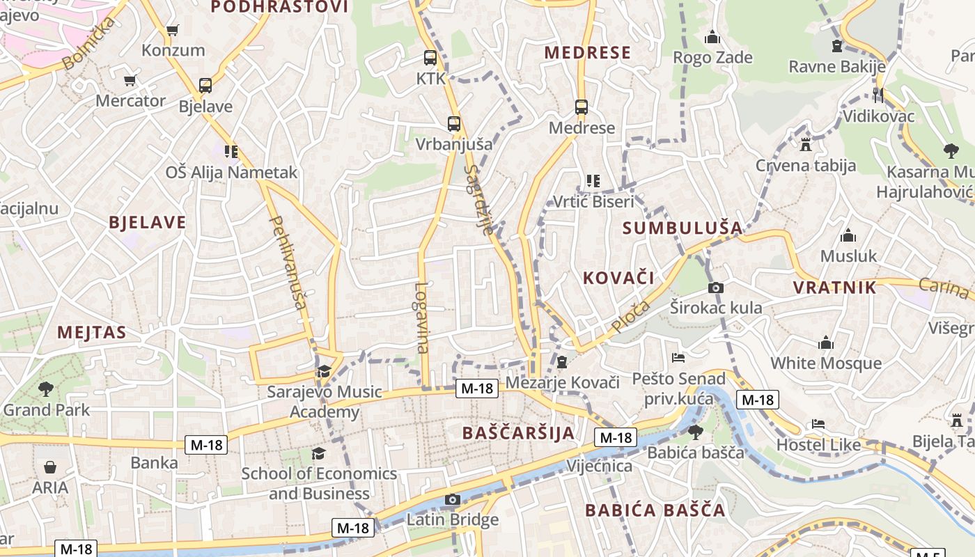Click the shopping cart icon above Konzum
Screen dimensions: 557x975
click(x=172, y=31)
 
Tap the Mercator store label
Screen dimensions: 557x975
click(x=131, y=100)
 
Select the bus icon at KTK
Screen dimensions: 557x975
click(x=430, y=58)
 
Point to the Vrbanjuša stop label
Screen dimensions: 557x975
click(x=453, y=144)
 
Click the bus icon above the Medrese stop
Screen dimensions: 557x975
click(x=582, y=107)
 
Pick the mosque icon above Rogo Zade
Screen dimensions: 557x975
click(x=712, y=37)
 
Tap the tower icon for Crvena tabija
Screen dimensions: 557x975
click(x=806, y=145)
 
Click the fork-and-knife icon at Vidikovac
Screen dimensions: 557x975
click(x=877, y=95)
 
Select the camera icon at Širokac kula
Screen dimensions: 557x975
click(x=715, y=288)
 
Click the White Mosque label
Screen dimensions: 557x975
click(x=825, y=363)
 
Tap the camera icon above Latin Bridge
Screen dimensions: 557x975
click(x=453, y=499)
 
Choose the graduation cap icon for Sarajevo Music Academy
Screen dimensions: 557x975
click(x=324, y=371)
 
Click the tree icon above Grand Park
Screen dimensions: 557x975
click(x=46, y=389)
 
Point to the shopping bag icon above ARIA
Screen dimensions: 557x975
click(x=50, y=466)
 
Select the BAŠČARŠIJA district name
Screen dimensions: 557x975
click(x=519, y=432)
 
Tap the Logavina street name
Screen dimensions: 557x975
click(x=421, y=317)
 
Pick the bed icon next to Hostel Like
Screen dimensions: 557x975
click(x=818, y=424)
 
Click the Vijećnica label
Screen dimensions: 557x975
click(x=600, y=465)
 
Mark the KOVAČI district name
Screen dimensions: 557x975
click(x=618, y=278)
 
